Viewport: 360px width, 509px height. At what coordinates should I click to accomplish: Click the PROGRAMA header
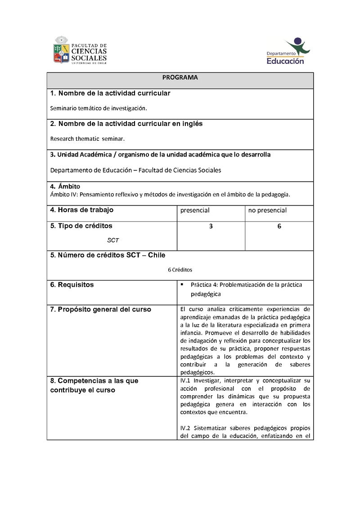click(x=180, y=77)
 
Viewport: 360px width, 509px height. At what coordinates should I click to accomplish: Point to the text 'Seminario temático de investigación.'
click(x=99, y=108)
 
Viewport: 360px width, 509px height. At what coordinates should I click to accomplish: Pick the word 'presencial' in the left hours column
click(x=195, y=210)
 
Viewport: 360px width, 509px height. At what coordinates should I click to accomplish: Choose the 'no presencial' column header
click(x=267, y=210)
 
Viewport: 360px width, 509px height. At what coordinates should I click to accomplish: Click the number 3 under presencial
click(x=211, y=227)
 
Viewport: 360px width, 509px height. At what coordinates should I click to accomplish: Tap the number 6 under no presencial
click(x=279, y=227)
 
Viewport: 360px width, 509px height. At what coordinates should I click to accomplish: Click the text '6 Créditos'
click(x=180, y=270)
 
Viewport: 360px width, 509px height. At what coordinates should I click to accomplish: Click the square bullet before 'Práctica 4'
click(x=182, y=285)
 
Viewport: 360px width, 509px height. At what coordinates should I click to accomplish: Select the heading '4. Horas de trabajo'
click(x=82, y=210)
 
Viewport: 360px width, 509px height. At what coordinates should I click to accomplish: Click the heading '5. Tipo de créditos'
click(x=81, y=226)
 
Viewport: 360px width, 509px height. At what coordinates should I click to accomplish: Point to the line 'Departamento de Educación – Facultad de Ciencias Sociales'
click(x=135, y=170)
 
